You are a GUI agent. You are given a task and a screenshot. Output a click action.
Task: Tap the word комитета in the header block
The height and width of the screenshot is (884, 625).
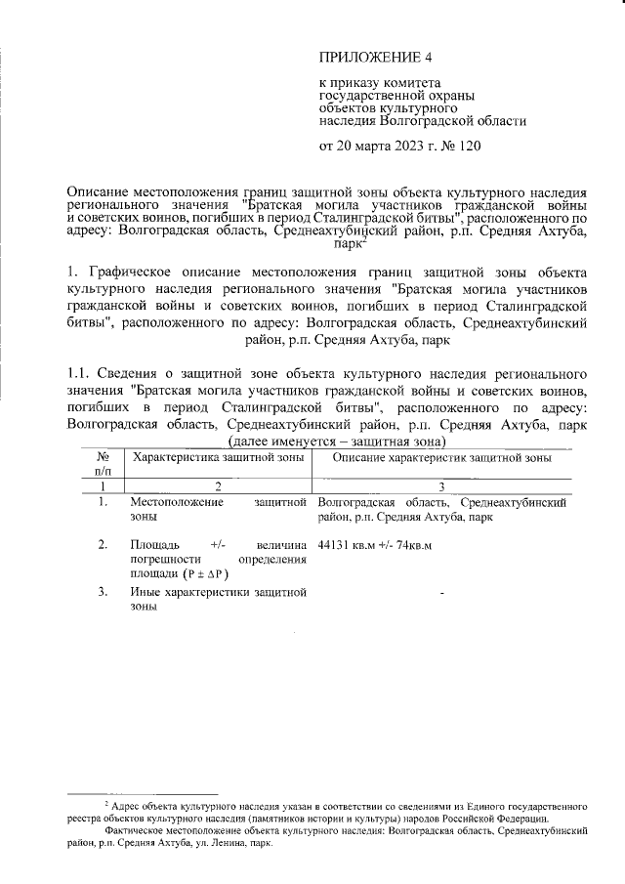[414, 84]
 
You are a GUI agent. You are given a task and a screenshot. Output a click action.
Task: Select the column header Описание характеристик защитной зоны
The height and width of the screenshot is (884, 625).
[442, 457]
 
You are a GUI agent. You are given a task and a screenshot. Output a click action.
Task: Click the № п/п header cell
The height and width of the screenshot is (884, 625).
[102, 464]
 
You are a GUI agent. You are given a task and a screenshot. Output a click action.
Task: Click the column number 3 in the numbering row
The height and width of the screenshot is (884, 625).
[442, 485]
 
